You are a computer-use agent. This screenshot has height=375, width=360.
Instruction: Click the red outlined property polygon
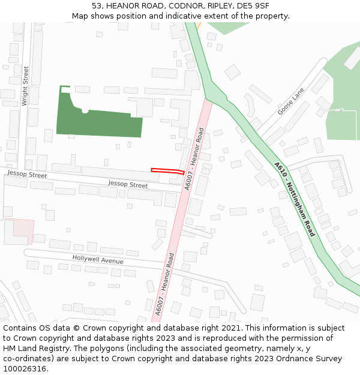[x=167, y=171]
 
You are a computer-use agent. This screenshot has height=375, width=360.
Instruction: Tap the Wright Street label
[x=25, y=86]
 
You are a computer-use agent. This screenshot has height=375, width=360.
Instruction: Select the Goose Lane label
[x=291, y=101]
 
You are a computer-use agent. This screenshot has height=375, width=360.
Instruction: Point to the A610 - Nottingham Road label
[x=294, y=199]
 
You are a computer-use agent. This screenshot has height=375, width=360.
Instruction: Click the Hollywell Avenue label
[x=98, y=259]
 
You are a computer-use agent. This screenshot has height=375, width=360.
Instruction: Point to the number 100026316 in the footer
[x=25, y=368]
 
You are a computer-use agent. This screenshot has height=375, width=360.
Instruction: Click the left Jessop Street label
[x=26, y=175]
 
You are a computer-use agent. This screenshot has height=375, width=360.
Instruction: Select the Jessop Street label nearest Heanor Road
[x=127, y=184]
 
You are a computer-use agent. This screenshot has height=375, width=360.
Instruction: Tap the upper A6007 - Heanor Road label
[x=194, y=159]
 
